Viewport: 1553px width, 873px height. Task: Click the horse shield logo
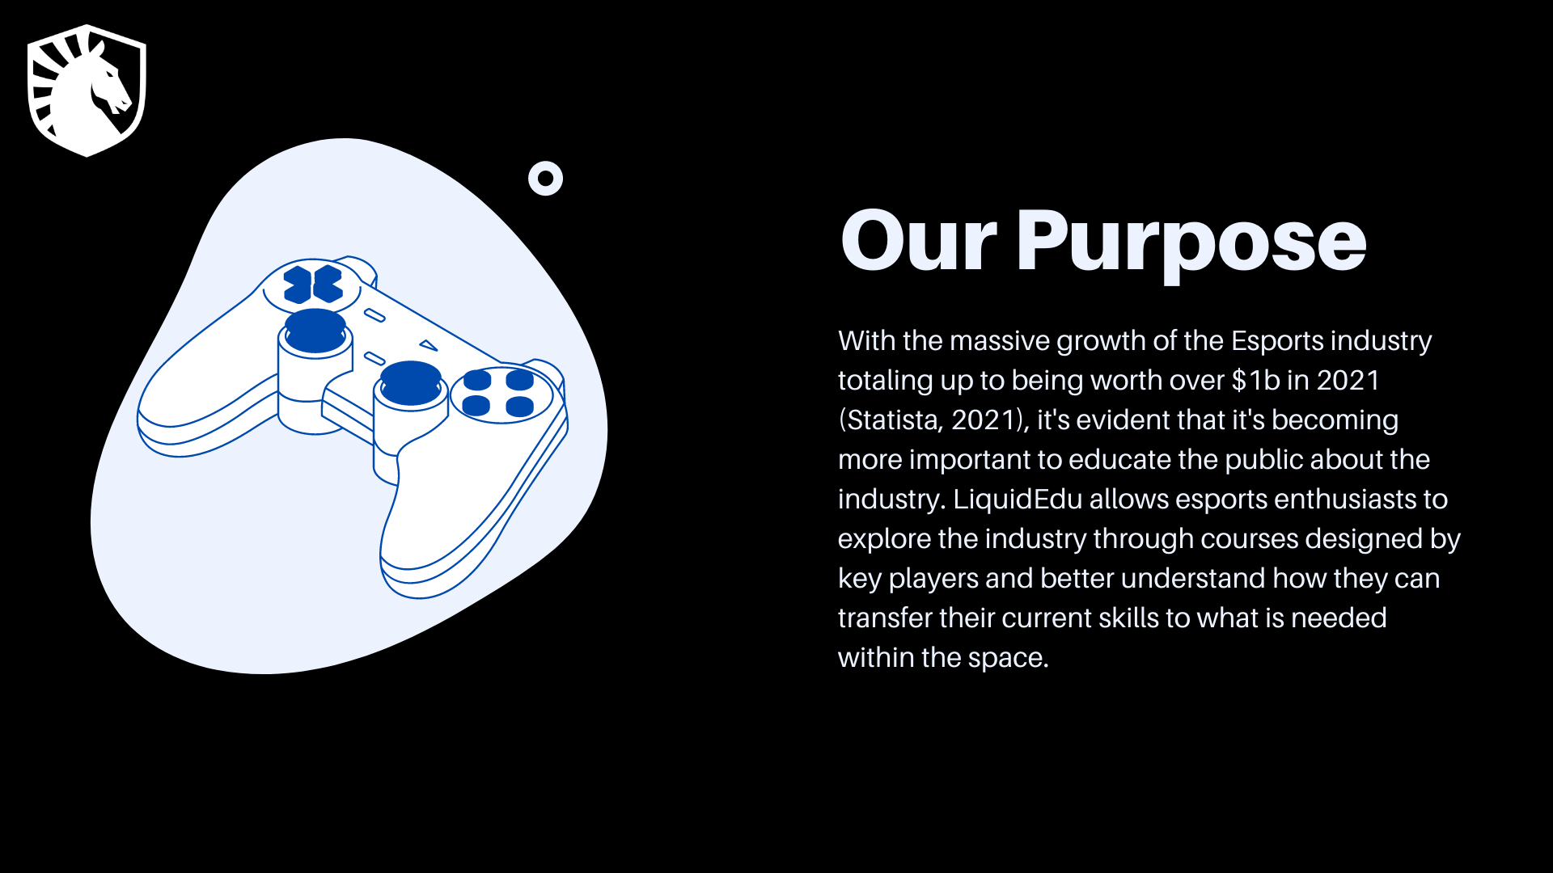[x=87, y=91]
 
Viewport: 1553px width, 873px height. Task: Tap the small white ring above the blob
[x=545, y=179]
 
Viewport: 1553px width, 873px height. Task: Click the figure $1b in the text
[x=1255, y=381]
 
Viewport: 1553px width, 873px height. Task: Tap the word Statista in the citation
[x=894, y=420]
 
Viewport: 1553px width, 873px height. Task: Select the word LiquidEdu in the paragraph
[x=1018, y=500]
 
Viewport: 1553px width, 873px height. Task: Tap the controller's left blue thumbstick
[x=316, y=330]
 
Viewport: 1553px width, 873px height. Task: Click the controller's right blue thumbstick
[x=411, y=382]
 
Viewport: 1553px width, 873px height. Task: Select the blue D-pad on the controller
[x=313, y=285]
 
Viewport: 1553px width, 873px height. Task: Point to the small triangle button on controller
[x=429, y=346]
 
